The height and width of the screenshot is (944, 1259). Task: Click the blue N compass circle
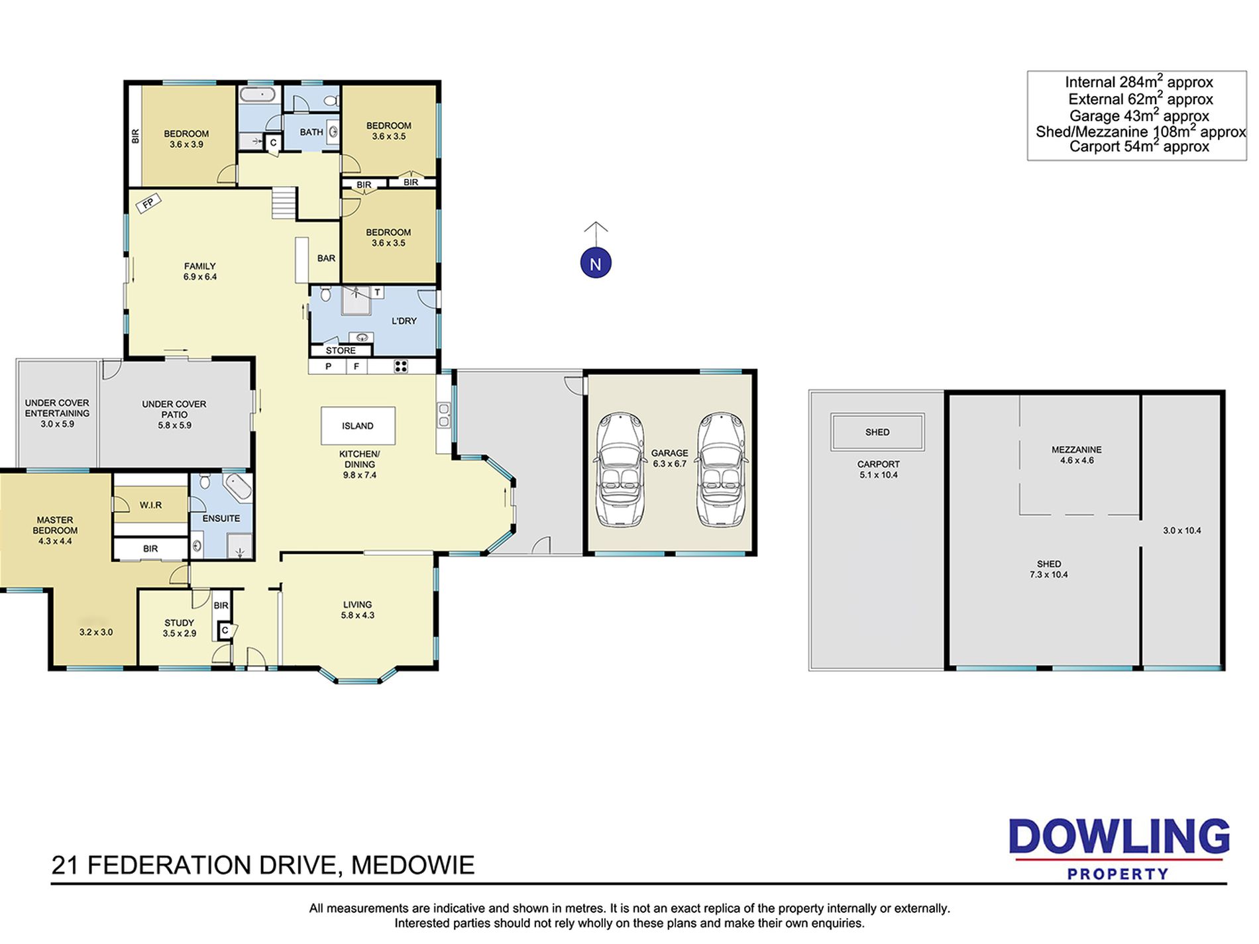595,264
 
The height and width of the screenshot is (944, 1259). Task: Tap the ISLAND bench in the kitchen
358,426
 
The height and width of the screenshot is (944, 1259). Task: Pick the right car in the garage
721,470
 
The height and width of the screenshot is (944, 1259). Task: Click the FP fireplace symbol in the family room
148,203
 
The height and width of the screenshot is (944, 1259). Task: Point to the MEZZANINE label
1076,450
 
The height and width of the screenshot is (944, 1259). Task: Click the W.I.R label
150,505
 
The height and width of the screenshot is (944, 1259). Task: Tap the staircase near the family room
284,203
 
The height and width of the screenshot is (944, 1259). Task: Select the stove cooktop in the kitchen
400,366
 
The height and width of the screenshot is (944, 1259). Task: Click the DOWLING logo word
1119,837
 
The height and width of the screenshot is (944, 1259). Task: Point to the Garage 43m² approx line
1139,115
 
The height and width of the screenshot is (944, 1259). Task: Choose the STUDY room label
179,623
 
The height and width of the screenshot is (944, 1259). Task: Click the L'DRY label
404,321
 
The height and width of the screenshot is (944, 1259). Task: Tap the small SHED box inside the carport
877,432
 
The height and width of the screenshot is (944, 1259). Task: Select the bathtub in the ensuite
237,488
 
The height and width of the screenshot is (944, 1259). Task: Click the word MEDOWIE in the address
413,865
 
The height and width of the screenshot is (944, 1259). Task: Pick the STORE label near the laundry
341,350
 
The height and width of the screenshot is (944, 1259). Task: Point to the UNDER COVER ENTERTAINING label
57,408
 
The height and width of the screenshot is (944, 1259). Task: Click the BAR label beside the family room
326,258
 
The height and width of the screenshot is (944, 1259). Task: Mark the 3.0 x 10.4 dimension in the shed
1181,531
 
